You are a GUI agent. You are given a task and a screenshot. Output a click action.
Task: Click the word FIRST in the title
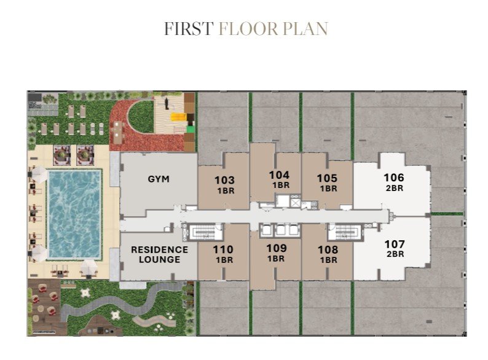189,29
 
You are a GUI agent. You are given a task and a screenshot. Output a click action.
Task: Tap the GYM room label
159,179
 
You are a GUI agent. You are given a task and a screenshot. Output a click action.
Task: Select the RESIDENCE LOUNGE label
159,254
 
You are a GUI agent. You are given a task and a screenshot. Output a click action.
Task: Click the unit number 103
224,180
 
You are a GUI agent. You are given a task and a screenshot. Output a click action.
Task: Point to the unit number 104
279,175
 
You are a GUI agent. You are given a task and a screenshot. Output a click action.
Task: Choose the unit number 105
327,178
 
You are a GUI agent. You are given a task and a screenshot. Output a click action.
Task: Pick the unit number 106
394,178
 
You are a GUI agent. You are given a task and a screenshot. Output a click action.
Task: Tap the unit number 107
395,244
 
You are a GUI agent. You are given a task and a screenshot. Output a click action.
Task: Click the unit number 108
328,249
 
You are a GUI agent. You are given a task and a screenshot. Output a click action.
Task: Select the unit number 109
277,248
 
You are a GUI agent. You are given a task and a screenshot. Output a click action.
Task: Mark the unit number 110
223,249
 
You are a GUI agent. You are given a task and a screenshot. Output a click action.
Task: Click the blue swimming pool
74,214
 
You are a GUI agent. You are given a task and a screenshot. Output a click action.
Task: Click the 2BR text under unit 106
395,188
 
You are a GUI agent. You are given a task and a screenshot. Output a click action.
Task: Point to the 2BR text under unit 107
395,254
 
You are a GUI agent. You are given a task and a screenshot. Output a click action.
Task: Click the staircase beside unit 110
202,232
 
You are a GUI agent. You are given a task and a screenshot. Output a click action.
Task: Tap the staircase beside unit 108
345,232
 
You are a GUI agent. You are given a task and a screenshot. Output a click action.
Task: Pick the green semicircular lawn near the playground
141,117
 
